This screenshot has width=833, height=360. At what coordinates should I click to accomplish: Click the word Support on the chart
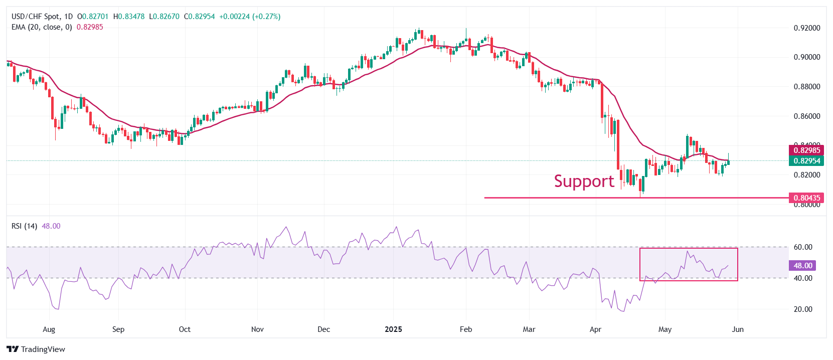coord(584,181)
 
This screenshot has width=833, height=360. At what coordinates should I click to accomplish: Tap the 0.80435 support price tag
coord(806,198)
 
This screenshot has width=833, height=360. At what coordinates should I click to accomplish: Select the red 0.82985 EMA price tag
coord(806,150)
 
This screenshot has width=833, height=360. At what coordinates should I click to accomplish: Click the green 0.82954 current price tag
coord(806,160)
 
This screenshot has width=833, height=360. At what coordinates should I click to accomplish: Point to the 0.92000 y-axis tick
coord(806,28)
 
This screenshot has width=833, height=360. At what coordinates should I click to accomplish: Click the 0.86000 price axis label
coord(806,116)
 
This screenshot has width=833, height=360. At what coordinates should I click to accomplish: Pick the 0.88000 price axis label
coord(806,87)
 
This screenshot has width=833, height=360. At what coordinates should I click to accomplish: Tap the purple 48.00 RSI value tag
coord(802,266)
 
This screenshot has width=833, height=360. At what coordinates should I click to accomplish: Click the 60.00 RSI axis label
coord(802,247)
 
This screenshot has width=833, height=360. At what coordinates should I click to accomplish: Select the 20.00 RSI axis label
coord(802,309)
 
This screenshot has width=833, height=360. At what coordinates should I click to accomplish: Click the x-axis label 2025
coord(393,329)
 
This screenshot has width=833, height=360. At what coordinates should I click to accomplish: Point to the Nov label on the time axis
coord(257,329)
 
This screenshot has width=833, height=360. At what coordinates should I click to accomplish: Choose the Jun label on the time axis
coord(737,329)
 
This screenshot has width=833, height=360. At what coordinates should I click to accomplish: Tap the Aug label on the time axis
coord(49,329)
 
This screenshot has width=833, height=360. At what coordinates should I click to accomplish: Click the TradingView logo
coord(36,349)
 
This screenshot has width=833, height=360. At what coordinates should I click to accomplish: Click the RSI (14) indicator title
coord(24,226)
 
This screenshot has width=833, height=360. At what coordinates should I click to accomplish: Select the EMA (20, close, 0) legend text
coord(42,27)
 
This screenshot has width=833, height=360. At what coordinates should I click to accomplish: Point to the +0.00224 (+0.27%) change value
coord(250,17)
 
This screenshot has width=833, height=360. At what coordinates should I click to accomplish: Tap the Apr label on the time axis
coord(595,329)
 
